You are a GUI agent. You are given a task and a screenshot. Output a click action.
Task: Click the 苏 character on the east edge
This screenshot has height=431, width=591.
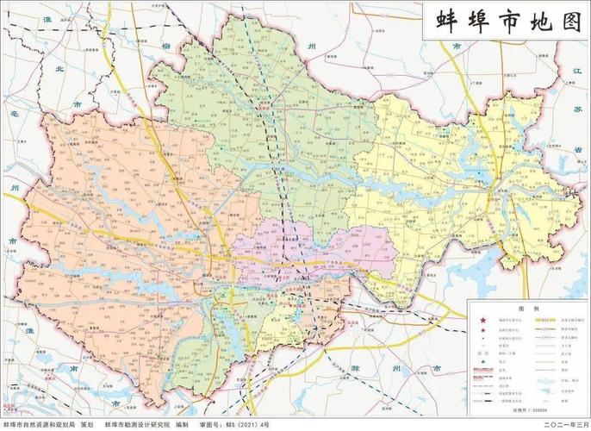[x=578, y=109]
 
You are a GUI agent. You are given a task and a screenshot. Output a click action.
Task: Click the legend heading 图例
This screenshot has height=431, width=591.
[x=523, y=308]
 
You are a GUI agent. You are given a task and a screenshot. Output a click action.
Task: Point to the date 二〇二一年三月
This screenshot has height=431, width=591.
[x=562, y=424]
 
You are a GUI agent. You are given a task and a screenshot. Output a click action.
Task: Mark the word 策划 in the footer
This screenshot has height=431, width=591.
[x=87, y=424]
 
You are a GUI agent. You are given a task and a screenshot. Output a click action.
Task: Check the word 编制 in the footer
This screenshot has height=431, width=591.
[x=182, y=424]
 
